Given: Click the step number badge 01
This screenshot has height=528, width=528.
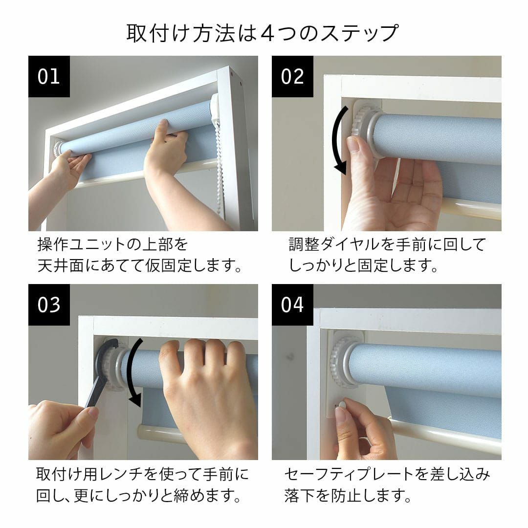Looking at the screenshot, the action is coord(49,76).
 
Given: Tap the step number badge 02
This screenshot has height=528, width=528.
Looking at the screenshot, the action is coord(292,76).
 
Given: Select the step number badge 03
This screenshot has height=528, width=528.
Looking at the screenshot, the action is coord(49,305).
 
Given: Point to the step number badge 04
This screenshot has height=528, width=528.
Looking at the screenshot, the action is coord(292,305).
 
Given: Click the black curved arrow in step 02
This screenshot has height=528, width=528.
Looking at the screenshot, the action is coord(335,140).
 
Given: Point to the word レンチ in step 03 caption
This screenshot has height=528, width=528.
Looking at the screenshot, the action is coord(120,474).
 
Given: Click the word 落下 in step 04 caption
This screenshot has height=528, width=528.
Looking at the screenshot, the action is coord(300,495).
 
